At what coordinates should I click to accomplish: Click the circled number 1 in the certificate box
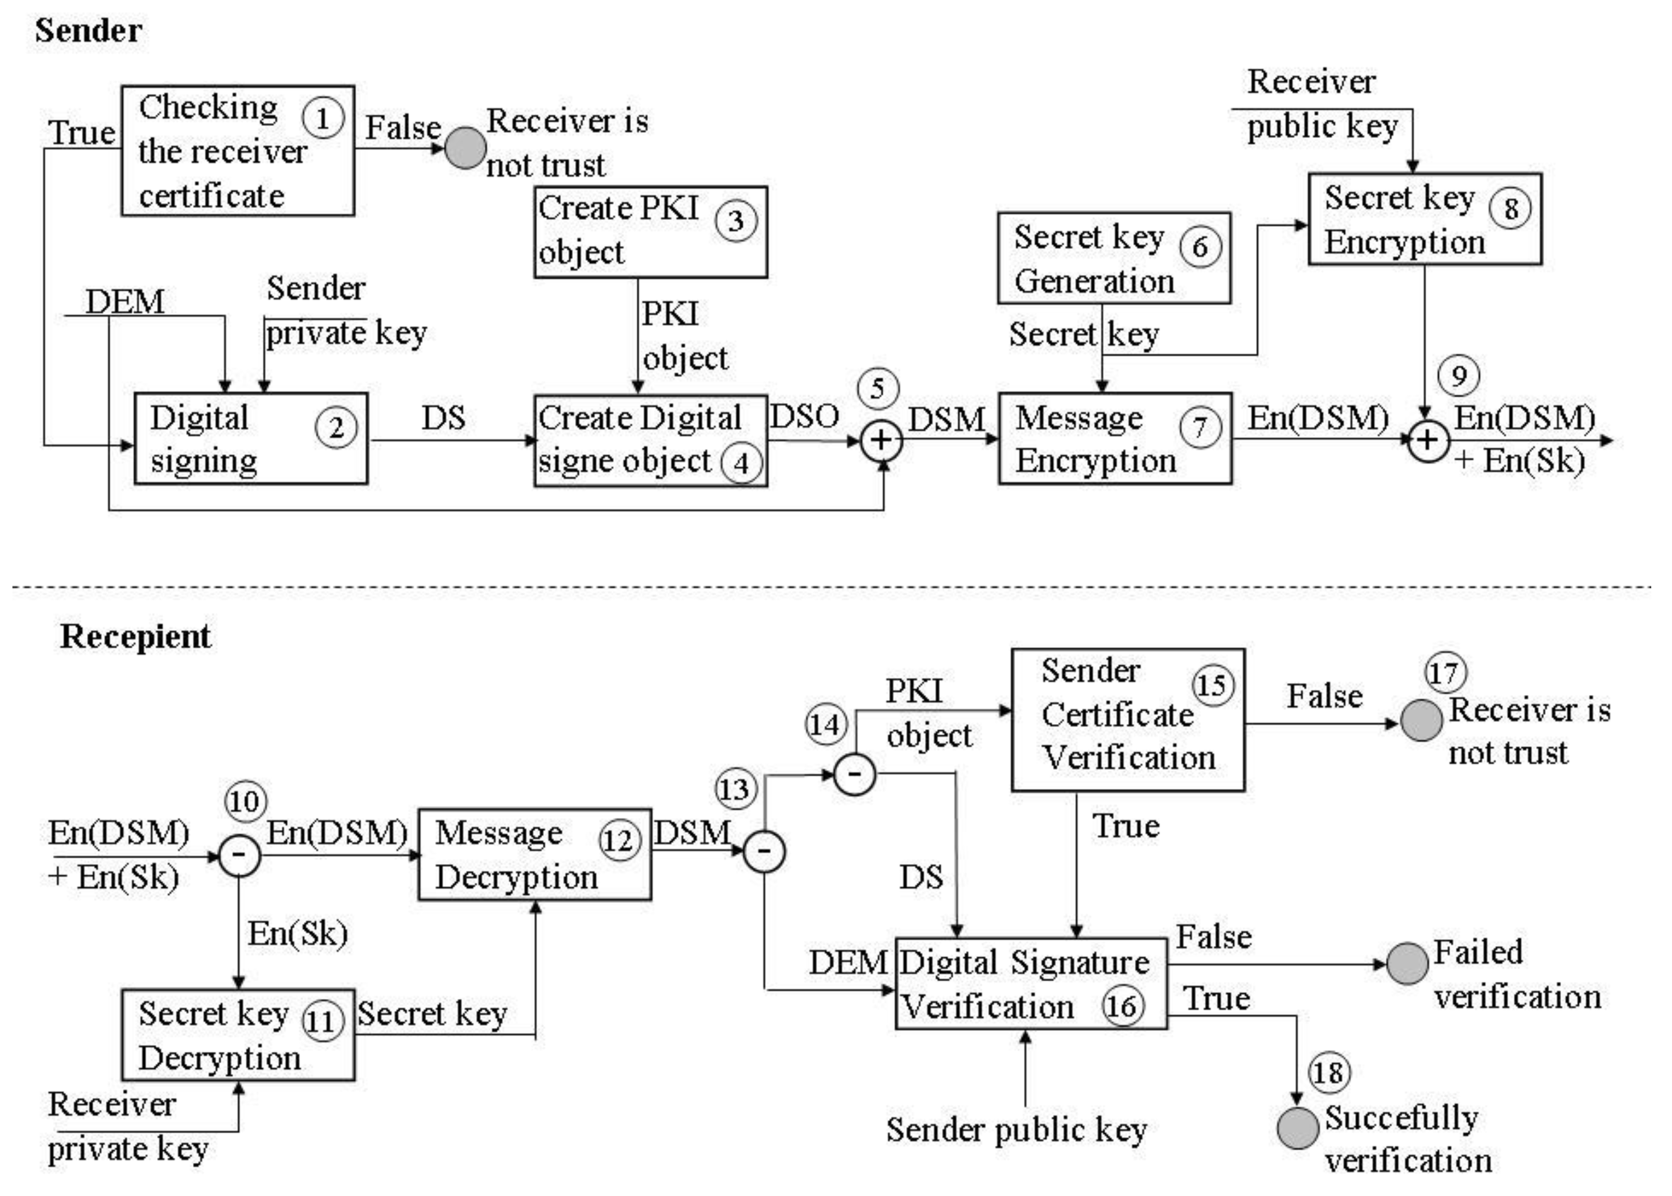point(322,118)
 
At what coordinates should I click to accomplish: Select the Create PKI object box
point(650,232)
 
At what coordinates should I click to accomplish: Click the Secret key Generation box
point(1113,258)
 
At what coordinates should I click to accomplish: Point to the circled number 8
point(1510,208)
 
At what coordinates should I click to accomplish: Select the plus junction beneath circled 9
point(1428,440)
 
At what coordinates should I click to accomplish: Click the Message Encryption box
point(1114,439)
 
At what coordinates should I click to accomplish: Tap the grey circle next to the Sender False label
point(465,148)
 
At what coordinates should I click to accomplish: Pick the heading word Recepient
point(135,636)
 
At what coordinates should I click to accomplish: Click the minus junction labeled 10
point(240,855)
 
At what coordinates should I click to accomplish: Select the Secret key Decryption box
point(238,1035)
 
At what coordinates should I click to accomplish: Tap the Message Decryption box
point(534,854)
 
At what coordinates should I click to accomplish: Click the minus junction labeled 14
point(854,774)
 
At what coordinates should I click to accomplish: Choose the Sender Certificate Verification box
point(1127,719)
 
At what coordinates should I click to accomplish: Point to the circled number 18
point(1329,1072)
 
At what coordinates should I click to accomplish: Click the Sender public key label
point(1016,1130)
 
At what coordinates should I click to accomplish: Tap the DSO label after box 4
point(804,417)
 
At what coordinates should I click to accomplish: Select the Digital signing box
point(250,439)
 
